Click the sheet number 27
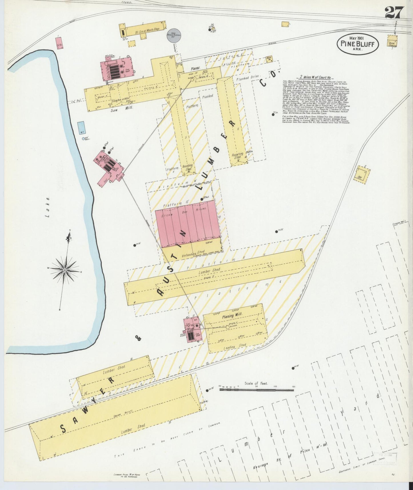[394, 13]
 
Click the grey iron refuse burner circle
[173, 35]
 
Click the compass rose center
[65, 270]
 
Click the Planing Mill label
[232, 315]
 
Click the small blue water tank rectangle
[81, 128]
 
